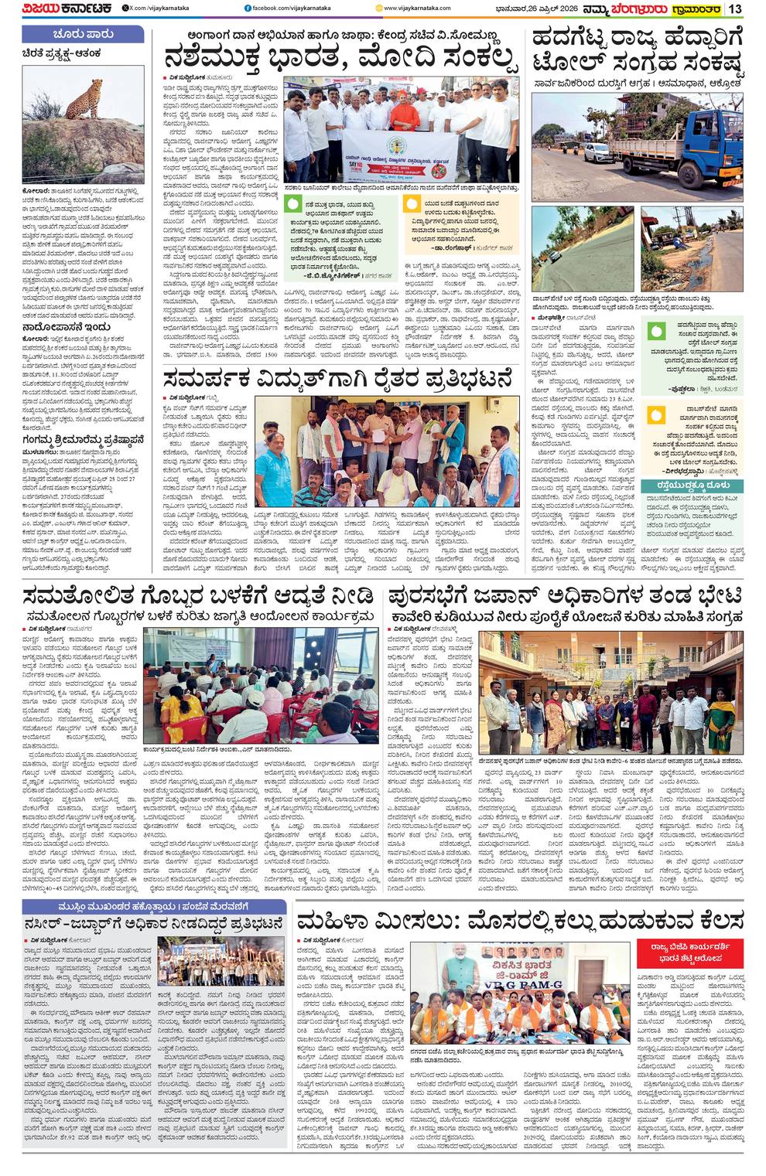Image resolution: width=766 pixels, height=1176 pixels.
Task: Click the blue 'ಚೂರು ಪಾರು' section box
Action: (83, 34)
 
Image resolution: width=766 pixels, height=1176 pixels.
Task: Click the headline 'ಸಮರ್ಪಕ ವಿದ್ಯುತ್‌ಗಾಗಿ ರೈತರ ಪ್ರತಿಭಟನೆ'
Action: (337, 380)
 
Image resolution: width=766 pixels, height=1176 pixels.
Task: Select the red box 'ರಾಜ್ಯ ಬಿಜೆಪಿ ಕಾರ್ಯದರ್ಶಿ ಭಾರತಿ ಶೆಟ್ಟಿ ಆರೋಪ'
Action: (689, 953)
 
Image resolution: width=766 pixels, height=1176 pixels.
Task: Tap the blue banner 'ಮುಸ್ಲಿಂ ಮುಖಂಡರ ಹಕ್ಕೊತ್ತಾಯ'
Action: (154, 905)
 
